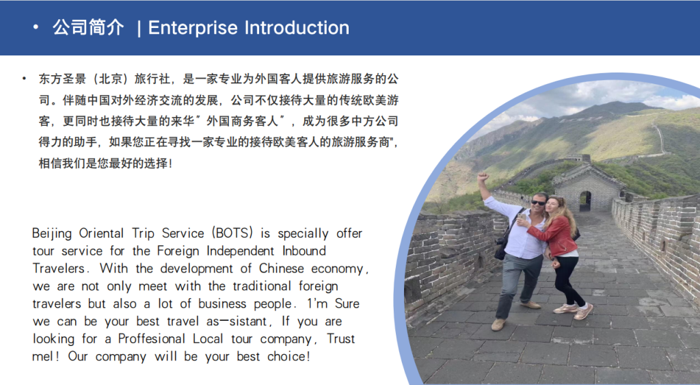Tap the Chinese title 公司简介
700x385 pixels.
tap(89, 28)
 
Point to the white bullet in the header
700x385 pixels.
tap(35, 28)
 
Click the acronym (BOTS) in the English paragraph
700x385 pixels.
tap(234, 233)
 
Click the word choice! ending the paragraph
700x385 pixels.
tap(286, 357)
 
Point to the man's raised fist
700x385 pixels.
tap(483, 177)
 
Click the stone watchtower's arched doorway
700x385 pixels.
tap(584, 200)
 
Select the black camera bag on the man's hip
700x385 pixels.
tap(500, 248)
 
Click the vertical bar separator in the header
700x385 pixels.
tap(139, 28)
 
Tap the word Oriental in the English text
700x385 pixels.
tap(107, 233)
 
